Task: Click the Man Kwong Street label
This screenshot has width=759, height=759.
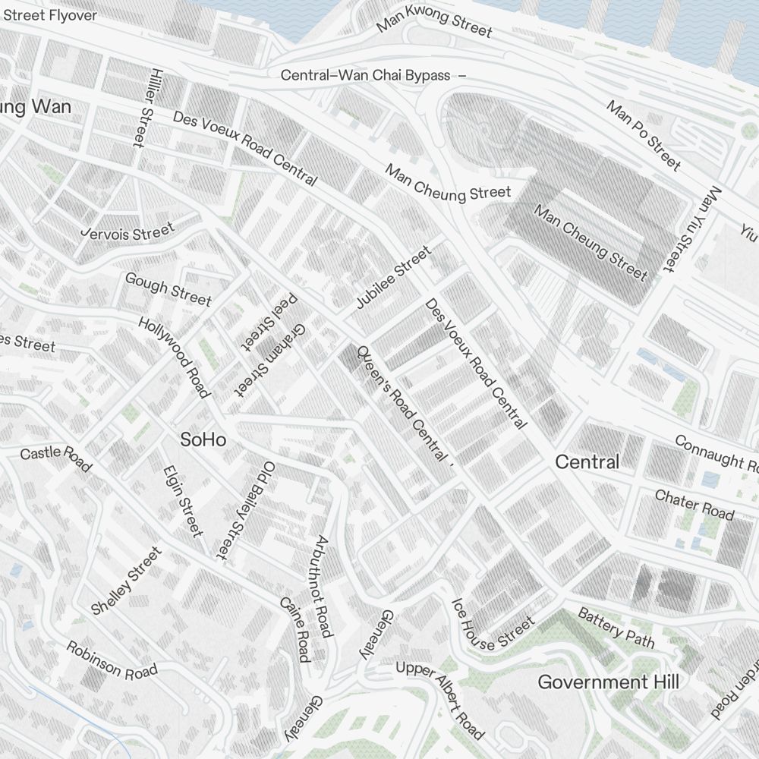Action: click(x=434, y=20)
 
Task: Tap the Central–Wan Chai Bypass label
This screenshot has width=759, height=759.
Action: click(x=366, y=75)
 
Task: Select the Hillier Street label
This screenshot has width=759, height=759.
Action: click(x=142, y=107)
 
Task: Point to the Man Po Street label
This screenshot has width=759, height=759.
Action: click(x=643, y=134)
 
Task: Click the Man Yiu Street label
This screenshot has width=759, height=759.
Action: click(x=690, y=229)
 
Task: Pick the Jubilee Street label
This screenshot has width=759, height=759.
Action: click(x=393, y=277)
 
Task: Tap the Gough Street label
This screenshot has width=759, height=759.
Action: click(x=168, y=289)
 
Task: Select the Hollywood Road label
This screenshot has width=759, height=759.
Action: click(x=174, y=357)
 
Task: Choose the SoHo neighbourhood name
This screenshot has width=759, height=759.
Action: click(x=203, y=439)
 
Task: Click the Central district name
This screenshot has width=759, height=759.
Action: click(x=587, y=461)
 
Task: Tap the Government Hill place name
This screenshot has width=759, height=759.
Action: click(x=608, y=682)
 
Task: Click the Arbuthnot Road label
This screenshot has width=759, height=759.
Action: click(x=323, y=587)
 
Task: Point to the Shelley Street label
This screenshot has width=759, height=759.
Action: click(x=126, y=581)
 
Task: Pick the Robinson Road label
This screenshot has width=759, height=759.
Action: click(x=112, y=660)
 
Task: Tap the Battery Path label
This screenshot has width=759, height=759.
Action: click(x=616, y=627)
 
